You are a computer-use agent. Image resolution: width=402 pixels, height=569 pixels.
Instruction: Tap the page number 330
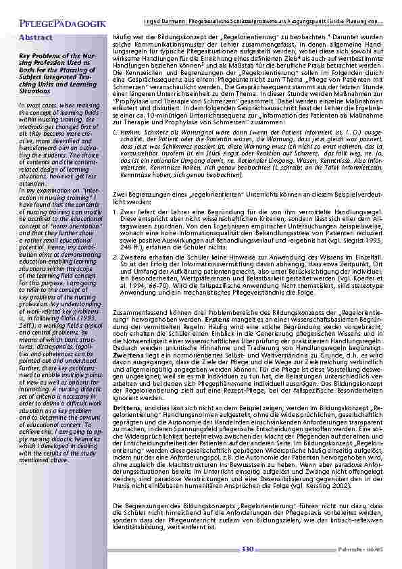click(x=248, y=549)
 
